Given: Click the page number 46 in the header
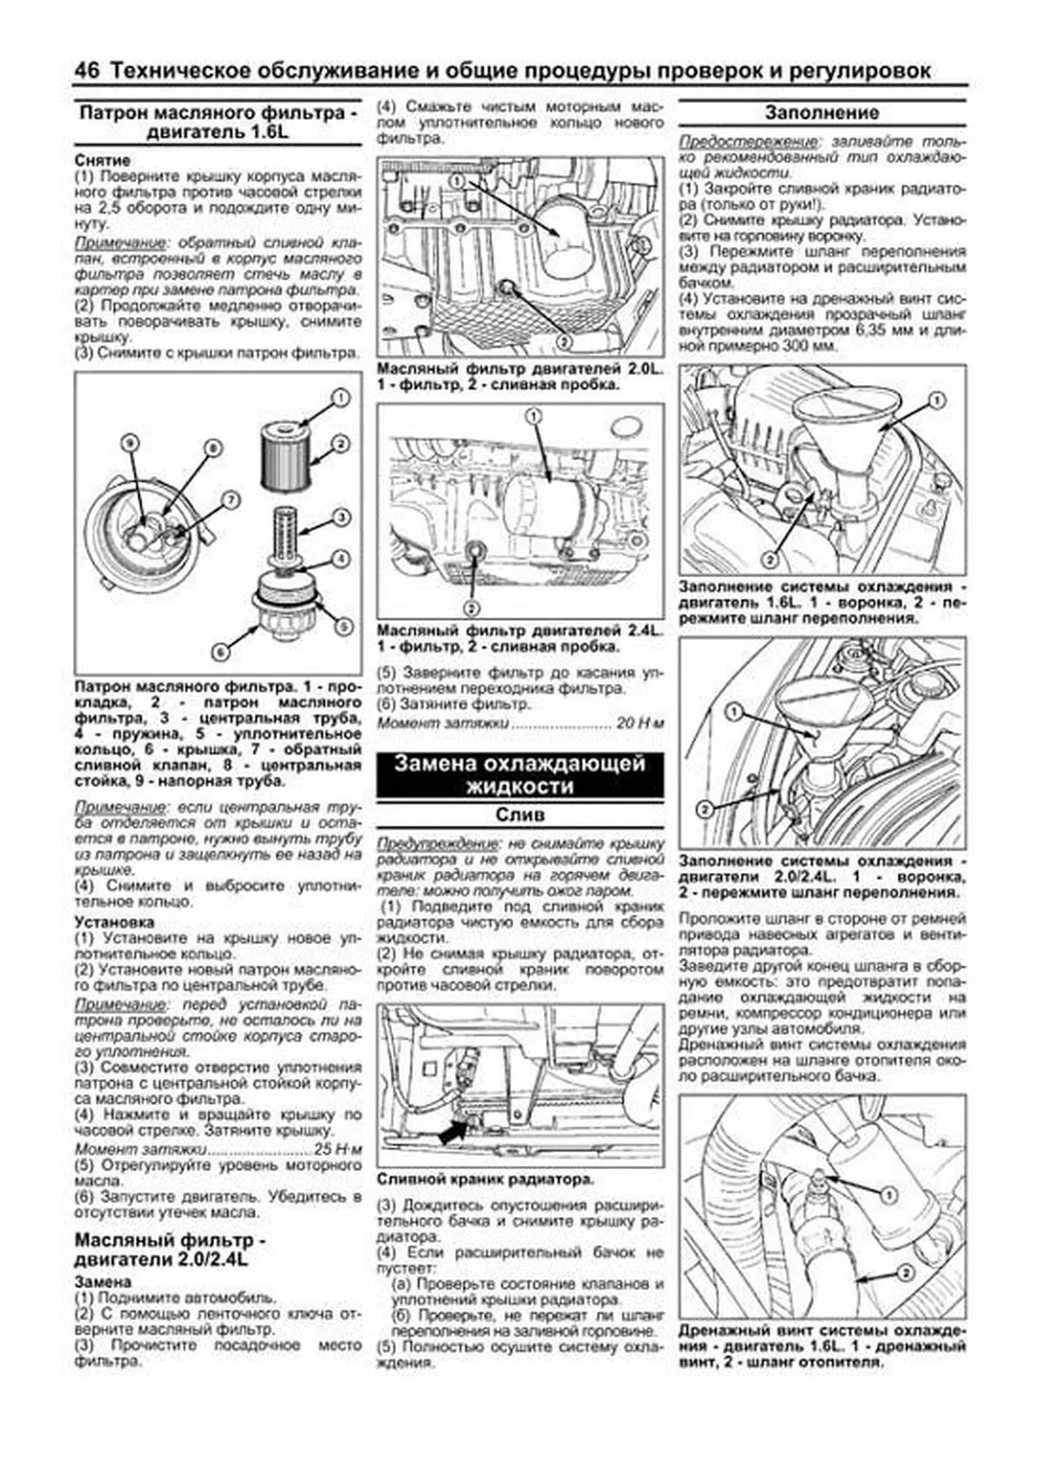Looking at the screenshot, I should pos(87,71).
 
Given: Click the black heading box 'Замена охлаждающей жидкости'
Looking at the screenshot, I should pos(520,774).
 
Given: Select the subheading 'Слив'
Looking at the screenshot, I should pos(520,816).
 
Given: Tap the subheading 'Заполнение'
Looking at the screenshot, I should pos(822,113).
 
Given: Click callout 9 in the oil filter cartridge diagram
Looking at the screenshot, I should pos(129,443).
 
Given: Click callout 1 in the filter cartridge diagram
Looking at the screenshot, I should pos(341,398).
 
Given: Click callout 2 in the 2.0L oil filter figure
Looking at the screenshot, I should pos(563,342).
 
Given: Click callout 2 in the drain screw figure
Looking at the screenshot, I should pos(903,1273).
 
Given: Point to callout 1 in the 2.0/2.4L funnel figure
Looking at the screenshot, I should pos(734,713).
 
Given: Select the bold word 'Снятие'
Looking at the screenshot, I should pos(102,160).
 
